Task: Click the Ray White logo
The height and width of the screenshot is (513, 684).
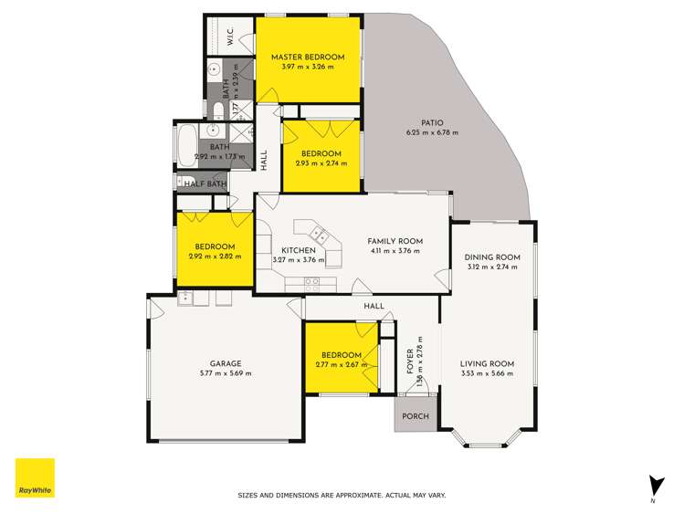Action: [35, 478]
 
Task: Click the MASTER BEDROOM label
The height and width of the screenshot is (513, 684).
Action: [308, 58]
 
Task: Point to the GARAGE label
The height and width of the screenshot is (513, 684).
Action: [226, 363]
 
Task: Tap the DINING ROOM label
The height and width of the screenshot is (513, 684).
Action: [492, 257]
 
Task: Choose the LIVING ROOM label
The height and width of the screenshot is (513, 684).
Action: [487, 363]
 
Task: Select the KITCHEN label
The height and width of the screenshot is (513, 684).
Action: [299, 250]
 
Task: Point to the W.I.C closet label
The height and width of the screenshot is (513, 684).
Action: [230, 37]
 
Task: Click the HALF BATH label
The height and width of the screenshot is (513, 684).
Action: [205, 183]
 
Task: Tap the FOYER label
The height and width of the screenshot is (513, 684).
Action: [409, 362]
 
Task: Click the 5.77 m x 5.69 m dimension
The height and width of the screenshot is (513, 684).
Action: [226, 373]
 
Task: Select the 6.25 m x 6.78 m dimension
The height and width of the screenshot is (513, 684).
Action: [432, 133]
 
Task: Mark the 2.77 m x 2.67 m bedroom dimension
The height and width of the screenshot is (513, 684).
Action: [342, 364]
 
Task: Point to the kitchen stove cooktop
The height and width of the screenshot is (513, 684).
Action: [312, 282]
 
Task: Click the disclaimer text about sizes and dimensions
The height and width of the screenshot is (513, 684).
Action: [342, 496]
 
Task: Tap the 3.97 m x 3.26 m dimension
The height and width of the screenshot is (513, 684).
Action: [308, 68]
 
